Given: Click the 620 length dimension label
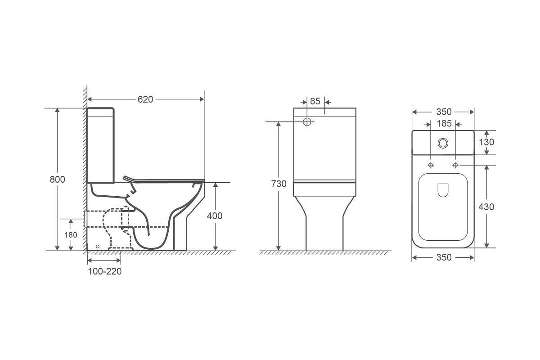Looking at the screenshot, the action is (x=145, y=99).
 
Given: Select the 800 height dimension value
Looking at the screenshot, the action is (x=58, y=180).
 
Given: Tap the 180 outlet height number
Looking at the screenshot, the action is (x=71, y=235).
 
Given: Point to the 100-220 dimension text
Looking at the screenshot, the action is (x=104, y=271).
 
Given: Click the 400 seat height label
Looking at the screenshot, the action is (x=215, y=216).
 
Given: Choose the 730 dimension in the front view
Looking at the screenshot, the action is (x=279, y=184).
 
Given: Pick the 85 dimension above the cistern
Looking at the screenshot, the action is (x=315, y=101).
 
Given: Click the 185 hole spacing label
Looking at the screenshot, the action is (x=444, y=123).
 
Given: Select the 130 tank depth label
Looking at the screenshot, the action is (x=486, y=142).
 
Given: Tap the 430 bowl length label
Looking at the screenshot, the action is (x=486, y=207).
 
